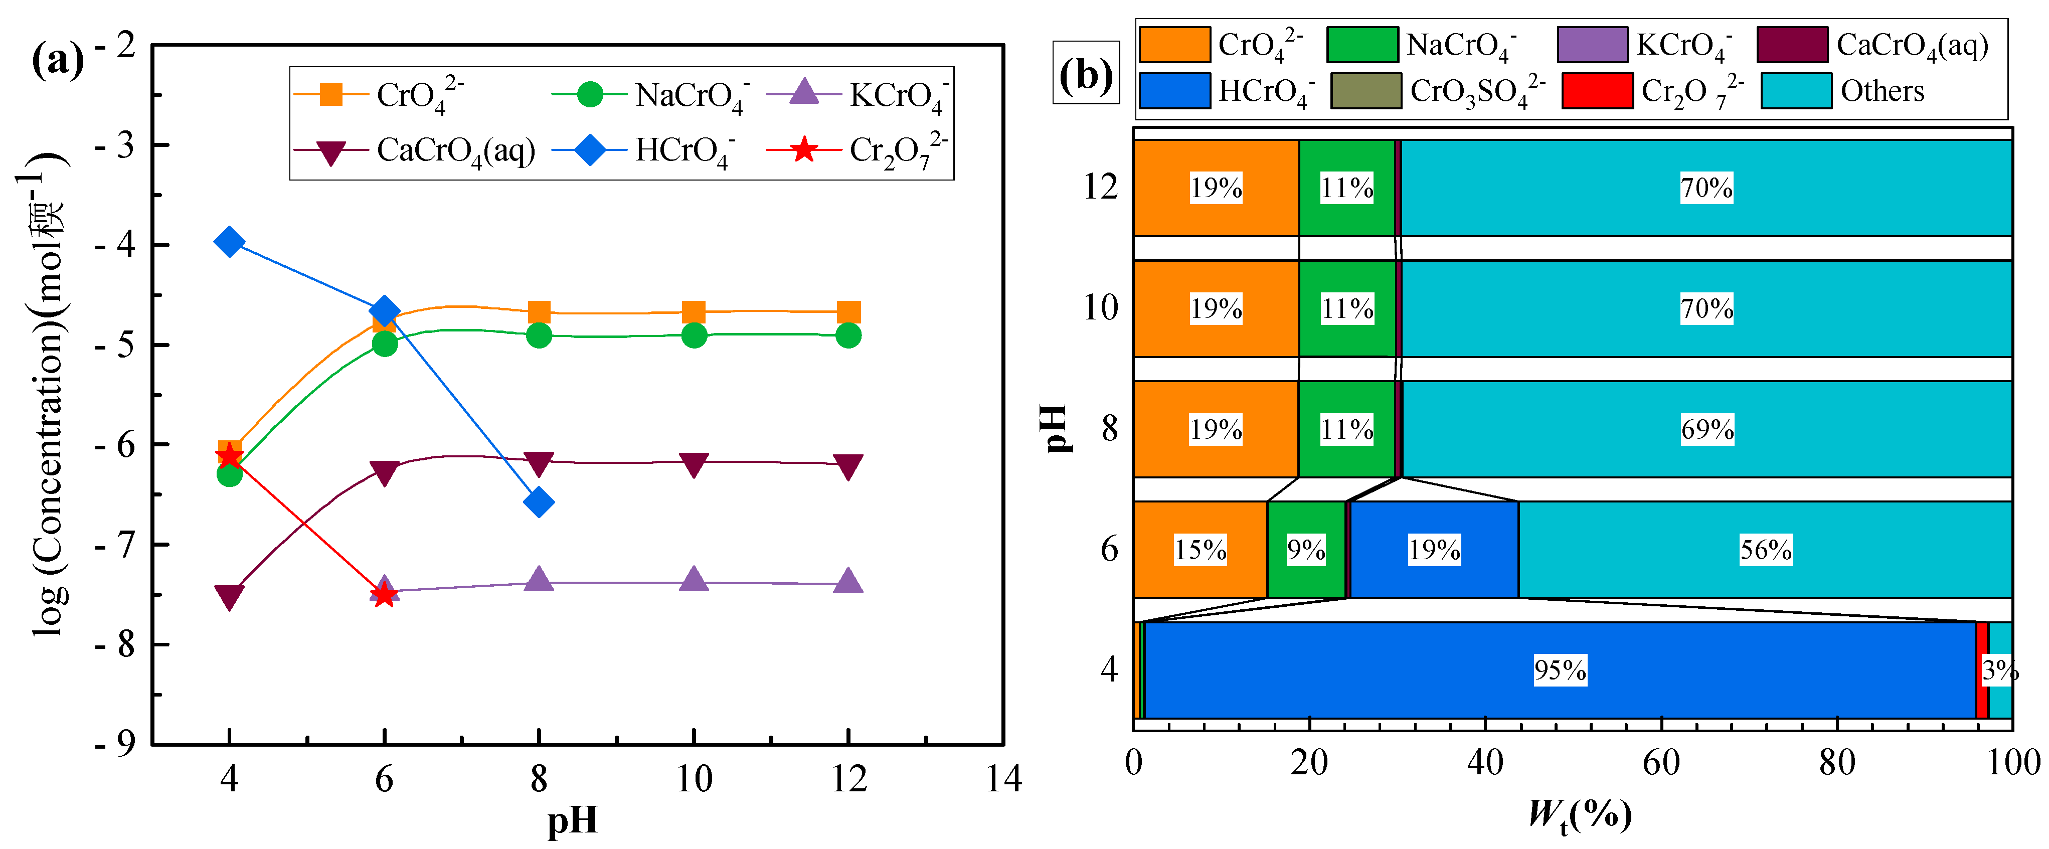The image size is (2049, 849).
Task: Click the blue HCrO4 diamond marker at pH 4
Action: pos(229,241)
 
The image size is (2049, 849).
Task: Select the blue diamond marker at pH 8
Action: pos(539,502)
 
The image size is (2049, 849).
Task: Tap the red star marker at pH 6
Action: pos(384,594)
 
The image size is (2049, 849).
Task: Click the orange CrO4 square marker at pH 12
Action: pos(848,312)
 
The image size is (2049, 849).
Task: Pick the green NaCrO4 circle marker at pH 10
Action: pos(694,335)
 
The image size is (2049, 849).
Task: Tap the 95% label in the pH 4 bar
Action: pos(1560,670)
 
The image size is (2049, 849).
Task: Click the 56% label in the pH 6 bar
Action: pos(1766,550)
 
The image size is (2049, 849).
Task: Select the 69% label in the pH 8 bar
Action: pos(1707,430)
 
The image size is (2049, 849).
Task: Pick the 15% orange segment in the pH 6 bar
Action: pos(1200,550)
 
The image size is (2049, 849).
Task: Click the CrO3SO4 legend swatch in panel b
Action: pos(1365,91)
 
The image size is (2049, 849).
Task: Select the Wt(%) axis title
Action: pos(1580,815)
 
